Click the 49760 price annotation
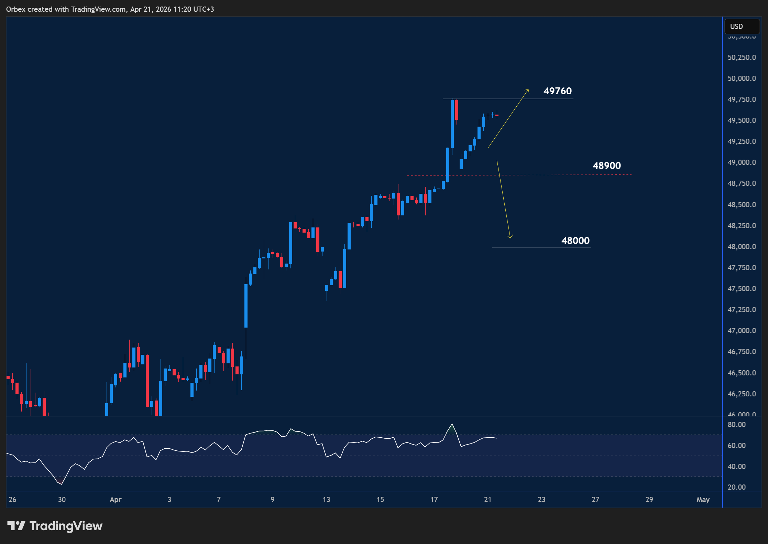tap(557, 91)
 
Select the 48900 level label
tap(606, 166)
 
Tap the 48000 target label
tap(575, 241)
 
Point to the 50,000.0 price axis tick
tap(742, 78)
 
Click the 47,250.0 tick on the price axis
tap(742, 310)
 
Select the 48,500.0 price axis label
tap(742, 205)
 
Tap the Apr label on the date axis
tap(116, 500)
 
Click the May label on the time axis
tap(703, 500)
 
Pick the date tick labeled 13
tap(326, 500)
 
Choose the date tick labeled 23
tap(541, 500)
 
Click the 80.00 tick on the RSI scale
tap(736, 425)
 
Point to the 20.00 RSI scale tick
tap(736, 487)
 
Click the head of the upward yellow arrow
tap(528, 90)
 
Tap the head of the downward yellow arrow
tap(510, 237)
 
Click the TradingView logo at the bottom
tap(55, 526)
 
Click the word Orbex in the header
tap(15, 9)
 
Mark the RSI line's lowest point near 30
tap(62, 484)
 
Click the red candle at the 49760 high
tap(457, 110)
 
